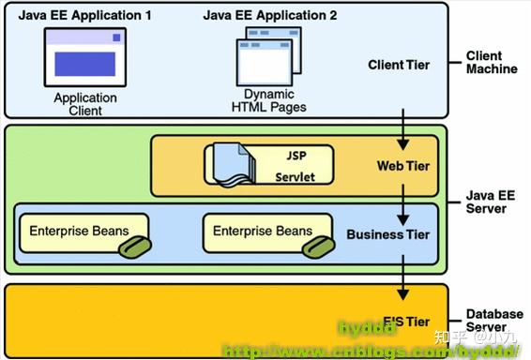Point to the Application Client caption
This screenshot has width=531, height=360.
pos(84,103)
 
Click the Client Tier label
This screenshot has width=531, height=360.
pos(400,65)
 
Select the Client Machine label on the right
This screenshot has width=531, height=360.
pos(492,63)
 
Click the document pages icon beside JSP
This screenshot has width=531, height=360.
pos(230,163)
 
